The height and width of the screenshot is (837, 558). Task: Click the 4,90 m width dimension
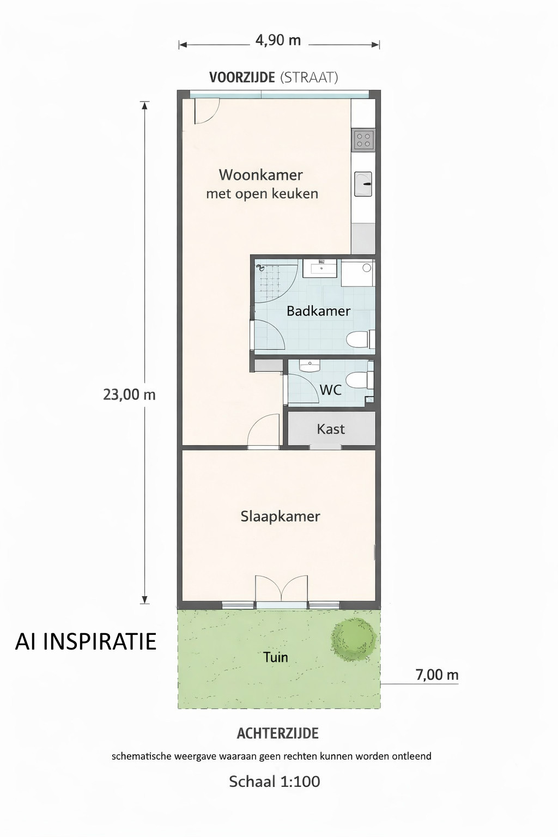coord(278,40)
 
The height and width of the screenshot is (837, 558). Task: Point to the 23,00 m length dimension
coord(129,395)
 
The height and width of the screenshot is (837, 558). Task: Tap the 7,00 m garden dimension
coord(437,675)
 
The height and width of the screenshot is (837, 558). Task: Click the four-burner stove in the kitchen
coord(363,139)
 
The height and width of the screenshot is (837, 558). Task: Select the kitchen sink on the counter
coord(363,184)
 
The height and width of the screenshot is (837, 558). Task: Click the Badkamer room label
coord(318,311)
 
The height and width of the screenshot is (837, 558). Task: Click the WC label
coord(331,390)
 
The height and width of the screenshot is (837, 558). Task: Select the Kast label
coord(331,429)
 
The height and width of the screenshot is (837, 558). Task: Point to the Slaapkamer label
coord(280,517)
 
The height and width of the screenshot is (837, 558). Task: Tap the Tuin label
coord(275,657)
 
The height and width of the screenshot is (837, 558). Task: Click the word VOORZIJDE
coord(242,77)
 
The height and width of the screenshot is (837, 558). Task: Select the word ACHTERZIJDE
coord(278,733)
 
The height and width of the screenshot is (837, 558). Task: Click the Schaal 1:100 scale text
coord(275,781)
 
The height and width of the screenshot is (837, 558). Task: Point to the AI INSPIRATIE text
coord(86,641)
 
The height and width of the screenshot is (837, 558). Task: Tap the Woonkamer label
coord(261,174)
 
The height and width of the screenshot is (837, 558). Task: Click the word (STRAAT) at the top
coord(309,77)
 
